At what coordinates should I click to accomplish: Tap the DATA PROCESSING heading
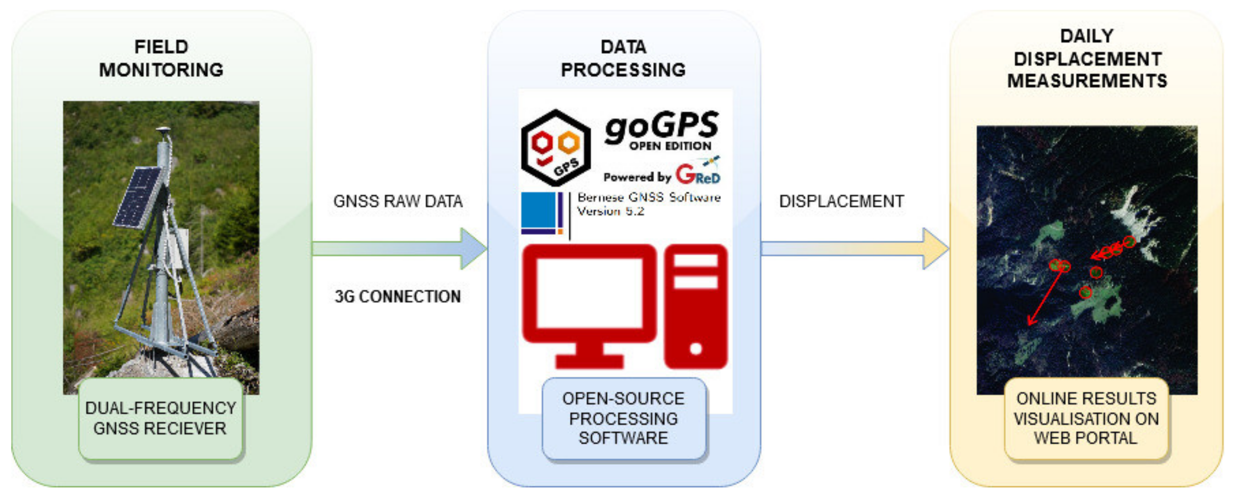[x=623, y=58]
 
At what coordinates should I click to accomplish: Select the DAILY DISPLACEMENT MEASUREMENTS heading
[x=1087, y=58]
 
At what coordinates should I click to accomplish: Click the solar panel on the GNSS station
[x=137, y=197]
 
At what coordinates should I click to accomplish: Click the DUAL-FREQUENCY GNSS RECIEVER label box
[x=160, y=418]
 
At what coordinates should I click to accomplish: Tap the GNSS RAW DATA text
[x=398, y=201]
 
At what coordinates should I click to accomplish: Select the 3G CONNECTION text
[x=398, y=297]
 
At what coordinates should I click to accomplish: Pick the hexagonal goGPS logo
[x=555, y=148]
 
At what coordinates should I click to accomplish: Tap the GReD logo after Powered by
[x=697, y=174]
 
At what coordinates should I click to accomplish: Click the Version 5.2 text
[x=610, y=211]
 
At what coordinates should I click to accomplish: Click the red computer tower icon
[x=696, y=306]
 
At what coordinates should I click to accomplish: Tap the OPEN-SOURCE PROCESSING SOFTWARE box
[x=623, y=419]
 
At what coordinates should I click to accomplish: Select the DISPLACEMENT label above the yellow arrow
[x=841, y=201]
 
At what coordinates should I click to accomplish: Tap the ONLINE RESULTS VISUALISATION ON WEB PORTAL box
[x=1086, y=419]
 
